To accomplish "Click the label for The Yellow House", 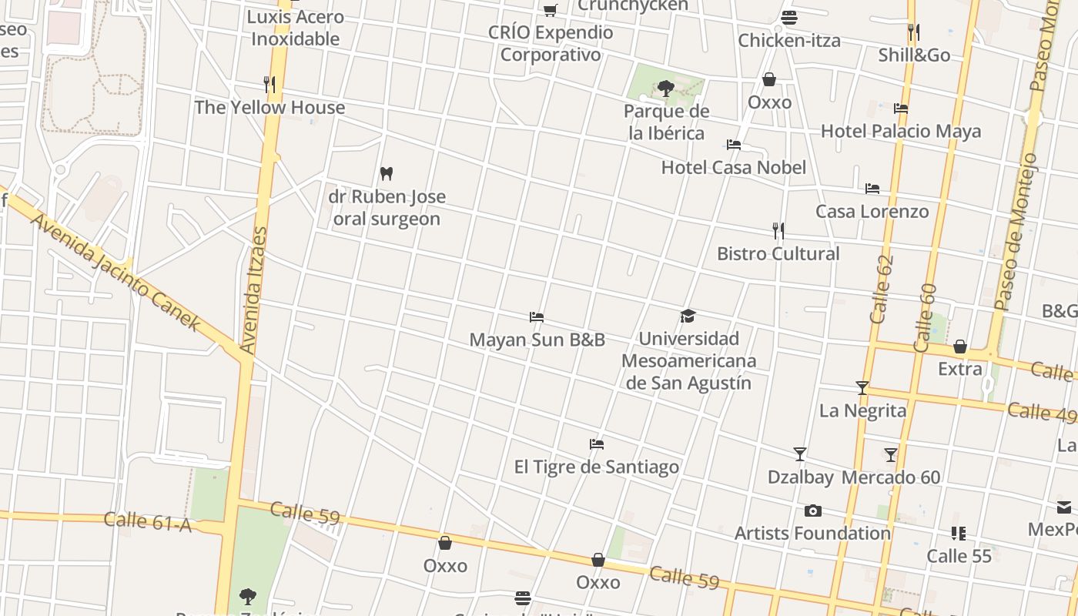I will [269, 108].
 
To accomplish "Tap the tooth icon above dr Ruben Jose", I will [387, 174].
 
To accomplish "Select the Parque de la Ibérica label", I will [666, 122].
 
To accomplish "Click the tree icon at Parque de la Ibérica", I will [666, 89].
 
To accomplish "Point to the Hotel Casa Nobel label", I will [733, 168].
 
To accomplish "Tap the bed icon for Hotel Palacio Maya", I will [901, 109].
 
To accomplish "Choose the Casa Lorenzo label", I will [872, 212].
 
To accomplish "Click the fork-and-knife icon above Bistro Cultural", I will [778, 230].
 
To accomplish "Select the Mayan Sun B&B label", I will [537, 340].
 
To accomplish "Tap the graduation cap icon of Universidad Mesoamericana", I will [688, 316].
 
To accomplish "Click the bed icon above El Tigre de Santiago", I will [597, 444].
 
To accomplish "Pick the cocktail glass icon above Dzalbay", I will [800, 454].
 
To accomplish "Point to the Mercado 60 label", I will [891, 477].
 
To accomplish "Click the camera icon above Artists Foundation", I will [812, 511].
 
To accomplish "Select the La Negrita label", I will [862, 410].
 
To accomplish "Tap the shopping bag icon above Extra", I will [960, 346].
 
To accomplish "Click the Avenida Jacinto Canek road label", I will [115, 273].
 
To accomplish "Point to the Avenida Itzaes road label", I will [254, 290].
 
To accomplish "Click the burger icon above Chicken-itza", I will [788, 18].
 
